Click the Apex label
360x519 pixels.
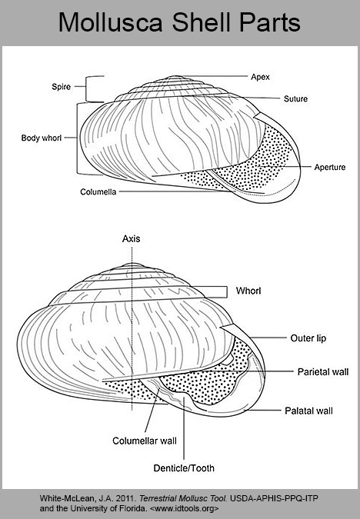pyautogui.click(x=260, y=77)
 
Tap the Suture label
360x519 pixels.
pyautogui.click(x=295, y=98)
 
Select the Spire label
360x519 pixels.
pyautogui.click(x=62, y=87)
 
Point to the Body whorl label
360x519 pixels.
pyautogui.click(x=42, y=138)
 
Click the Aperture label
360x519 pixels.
pyautogui.click(x=329, y=167)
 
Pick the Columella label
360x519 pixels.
pyautogui.click(x=98, y=192)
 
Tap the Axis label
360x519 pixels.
pyautogui.click(x=131, y=238)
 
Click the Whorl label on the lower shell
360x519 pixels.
pyautogui.click(x=248, y=291)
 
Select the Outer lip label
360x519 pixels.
pyautogui.click(x=308, y=338)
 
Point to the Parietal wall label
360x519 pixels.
pyautogui.click(x=323, y=372)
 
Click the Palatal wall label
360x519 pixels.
pyautogui.click(x=308, y=411)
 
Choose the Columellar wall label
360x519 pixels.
pyautogui.click(x=145, y=441)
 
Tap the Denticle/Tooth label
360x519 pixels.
pyautogui.click(x=184, y=468)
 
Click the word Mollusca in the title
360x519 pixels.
pyautogui.click(x=111, y=22)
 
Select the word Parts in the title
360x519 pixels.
pyautogui.click(x=269, y=22)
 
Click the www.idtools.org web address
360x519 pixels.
pyautogui.click(x=184, y=508)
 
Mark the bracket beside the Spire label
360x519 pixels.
pyautogui.click(x=86, y=88)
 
